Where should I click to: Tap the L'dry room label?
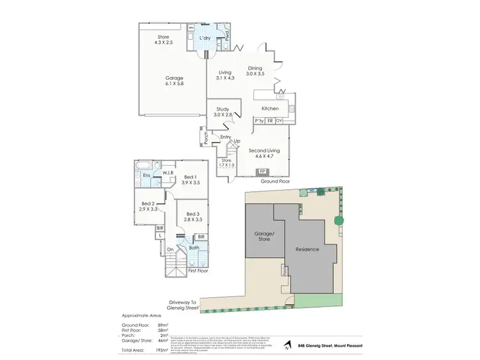point(205,39)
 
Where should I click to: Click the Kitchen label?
point(270,109)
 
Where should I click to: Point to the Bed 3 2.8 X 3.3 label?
point(194,217)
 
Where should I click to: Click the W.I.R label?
point(169,173)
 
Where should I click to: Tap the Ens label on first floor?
point(147,175)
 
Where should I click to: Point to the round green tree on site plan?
point(338,221)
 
